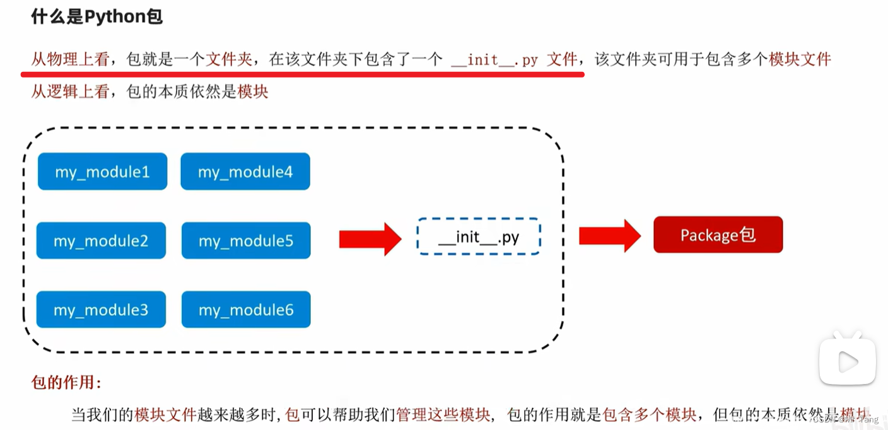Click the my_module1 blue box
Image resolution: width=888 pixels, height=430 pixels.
102,171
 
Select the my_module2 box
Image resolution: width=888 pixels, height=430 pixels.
101,241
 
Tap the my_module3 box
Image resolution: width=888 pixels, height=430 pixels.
101,310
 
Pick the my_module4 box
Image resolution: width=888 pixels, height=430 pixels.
245,171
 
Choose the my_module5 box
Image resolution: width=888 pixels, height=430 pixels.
246,241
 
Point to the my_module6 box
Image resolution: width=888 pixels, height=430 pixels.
246,310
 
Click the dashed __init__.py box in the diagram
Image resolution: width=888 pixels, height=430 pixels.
479,237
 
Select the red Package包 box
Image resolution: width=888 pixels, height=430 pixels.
718,235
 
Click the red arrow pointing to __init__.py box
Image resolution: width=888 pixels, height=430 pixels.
370,239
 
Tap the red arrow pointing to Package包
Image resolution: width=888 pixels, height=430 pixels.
609,236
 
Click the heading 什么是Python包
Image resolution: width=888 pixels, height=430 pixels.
97,17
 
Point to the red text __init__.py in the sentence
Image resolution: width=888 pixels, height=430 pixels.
494,60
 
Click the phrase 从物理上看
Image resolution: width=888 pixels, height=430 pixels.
70,60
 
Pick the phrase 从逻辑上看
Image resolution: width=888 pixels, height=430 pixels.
70,92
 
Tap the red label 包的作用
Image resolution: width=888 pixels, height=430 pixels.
66,382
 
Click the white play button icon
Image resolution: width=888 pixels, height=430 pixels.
848,361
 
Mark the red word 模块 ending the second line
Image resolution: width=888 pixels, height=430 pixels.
253,92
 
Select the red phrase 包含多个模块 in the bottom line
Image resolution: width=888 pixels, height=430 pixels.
650,415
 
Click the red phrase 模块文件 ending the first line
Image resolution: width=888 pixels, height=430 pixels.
800,60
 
